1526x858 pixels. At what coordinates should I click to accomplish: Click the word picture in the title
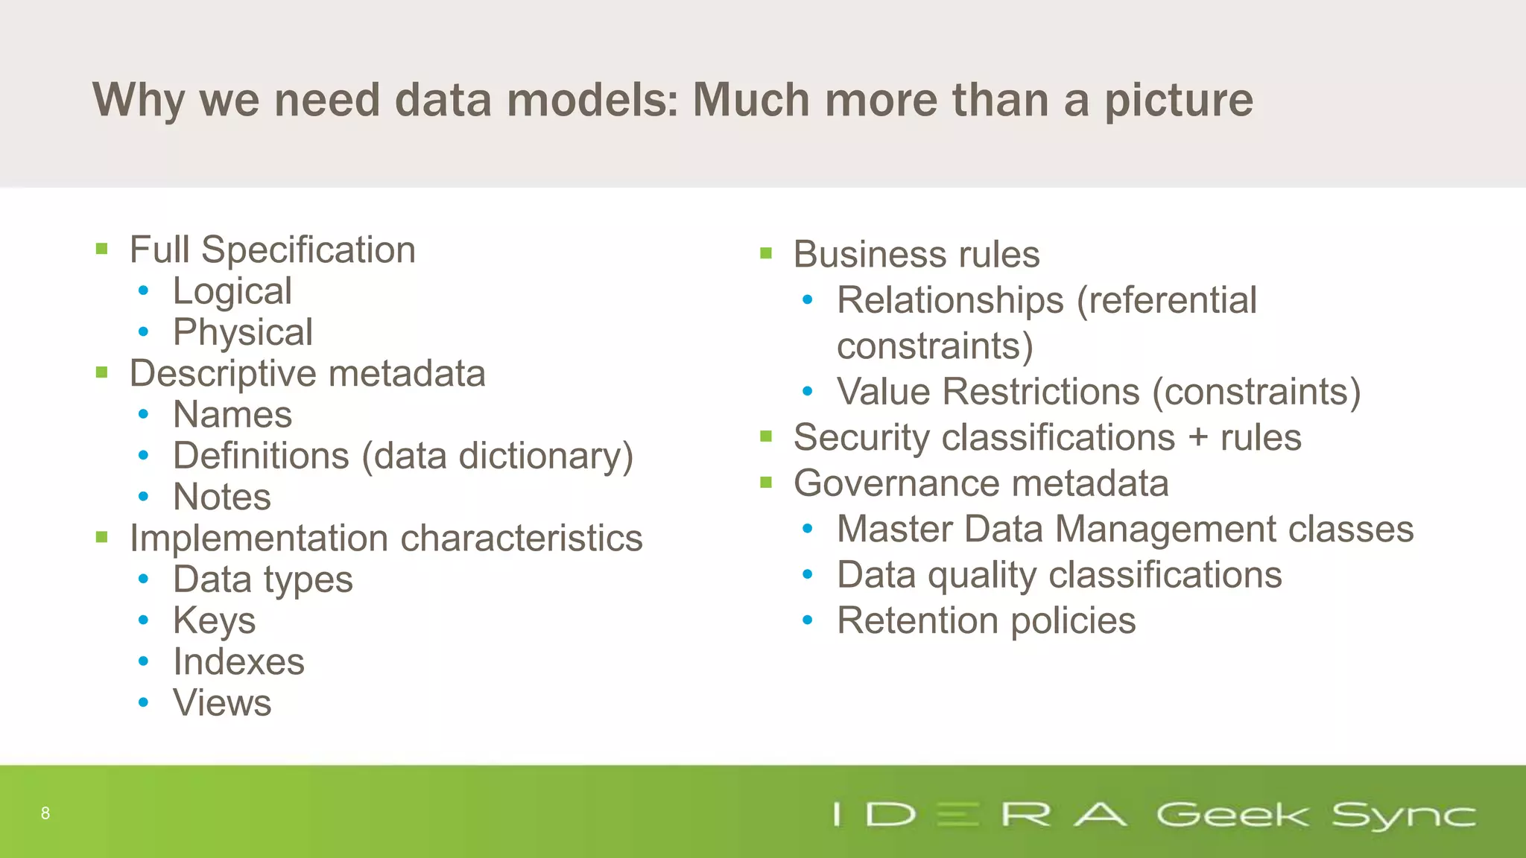[x=1179, y=101]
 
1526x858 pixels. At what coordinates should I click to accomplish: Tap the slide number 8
[x=45, y=813]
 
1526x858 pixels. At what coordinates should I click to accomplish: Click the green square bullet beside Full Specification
[x=102, y=249]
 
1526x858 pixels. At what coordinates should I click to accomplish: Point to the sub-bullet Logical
[x=232, y=291]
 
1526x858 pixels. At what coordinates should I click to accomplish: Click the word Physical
[x=242, y=332]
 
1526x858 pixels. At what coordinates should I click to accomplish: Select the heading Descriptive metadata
[x=307, y=373]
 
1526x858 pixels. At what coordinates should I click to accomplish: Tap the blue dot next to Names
[x=143, y=415]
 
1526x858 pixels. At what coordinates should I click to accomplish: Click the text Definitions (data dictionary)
[x=402, y=456]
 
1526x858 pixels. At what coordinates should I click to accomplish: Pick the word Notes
[x=221, y=497]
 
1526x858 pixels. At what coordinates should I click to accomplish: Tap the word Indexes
[x=238, y=662]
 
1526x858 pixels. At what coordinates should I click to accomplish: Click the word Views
[x=222, y=703]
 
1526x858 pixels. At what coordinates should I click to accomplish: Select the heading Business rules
[x=916, y=255]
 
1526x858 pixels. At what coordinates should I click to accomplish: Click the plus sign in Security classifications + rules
[x=1198, y=438]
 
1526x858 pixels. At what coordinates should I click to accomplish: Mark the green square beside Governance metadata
[x=766, y=483]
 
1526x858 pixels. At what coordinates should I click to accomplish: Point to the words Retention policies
[x=986, y=621]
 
